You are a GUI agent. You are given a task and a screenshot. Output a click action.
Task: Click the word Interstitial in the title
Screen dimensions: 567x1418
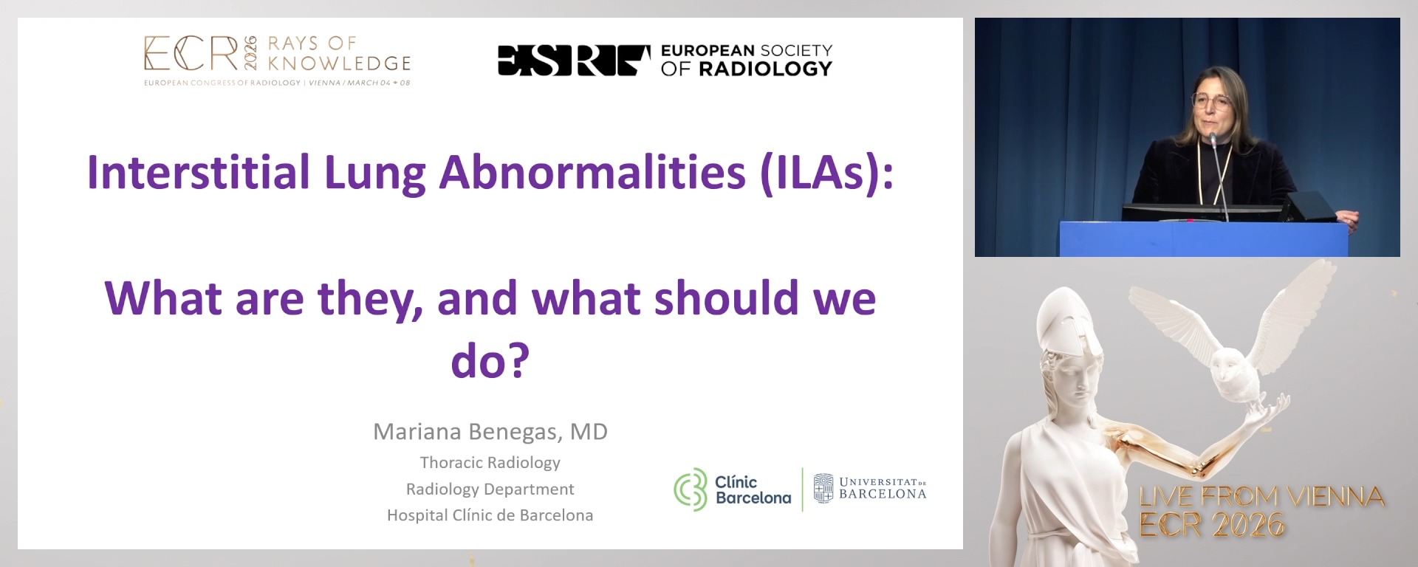click(198, 172)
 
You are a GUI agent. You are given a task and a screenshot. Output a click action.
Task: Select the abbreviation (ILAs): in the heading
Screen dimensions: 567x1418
click(826, 172)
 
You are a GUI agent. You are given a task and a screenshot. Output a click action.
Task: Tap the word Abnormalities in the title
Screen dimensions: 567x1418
click(592, 172)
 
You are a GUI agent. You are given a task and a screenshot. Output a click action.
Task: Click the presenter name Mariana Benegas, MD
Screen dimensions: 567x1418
click(490, 431)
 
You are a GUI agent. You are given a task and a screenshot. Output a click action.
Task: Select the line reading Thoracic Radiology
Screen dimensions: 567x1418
click(490, 463)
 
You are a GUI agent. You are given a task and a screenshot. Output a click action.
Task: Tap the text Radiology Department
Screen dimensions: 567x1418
click(490, 489)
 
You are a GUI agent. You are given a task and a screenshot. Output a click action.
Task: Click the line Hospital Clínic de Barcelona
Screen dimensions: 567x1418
click(490, 515)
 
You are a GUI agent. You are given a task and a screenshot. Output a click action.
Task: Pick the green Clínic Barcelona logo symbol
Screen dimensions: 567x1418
click(691, 489)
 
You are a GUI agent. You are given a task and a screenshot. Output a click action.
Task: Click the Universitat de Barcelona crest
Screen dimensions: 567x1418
click(823, 488)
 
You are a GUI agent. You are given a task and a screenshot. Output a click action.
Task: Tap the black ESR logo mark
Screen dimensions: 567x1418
click(574, 60)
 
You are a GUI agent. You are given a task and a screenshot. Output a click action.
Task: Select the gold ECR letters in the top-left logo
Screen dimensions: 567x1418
click(191, 54)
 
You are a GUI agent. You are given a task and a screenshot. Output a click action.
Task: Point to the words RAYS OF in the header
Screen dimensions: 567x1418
click(312, 43)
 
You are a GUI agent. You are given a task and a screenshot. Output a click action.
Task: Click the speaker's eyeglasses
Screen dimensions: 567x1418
click(1211, 101)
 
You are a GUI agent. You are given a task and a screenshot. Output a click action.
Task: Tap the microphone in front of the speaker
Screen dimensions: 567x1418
click(1213, 138)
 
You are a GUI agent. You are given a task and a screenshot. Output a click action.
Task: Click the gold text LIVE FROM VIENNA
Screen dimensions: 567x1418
click(1261, 496)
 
